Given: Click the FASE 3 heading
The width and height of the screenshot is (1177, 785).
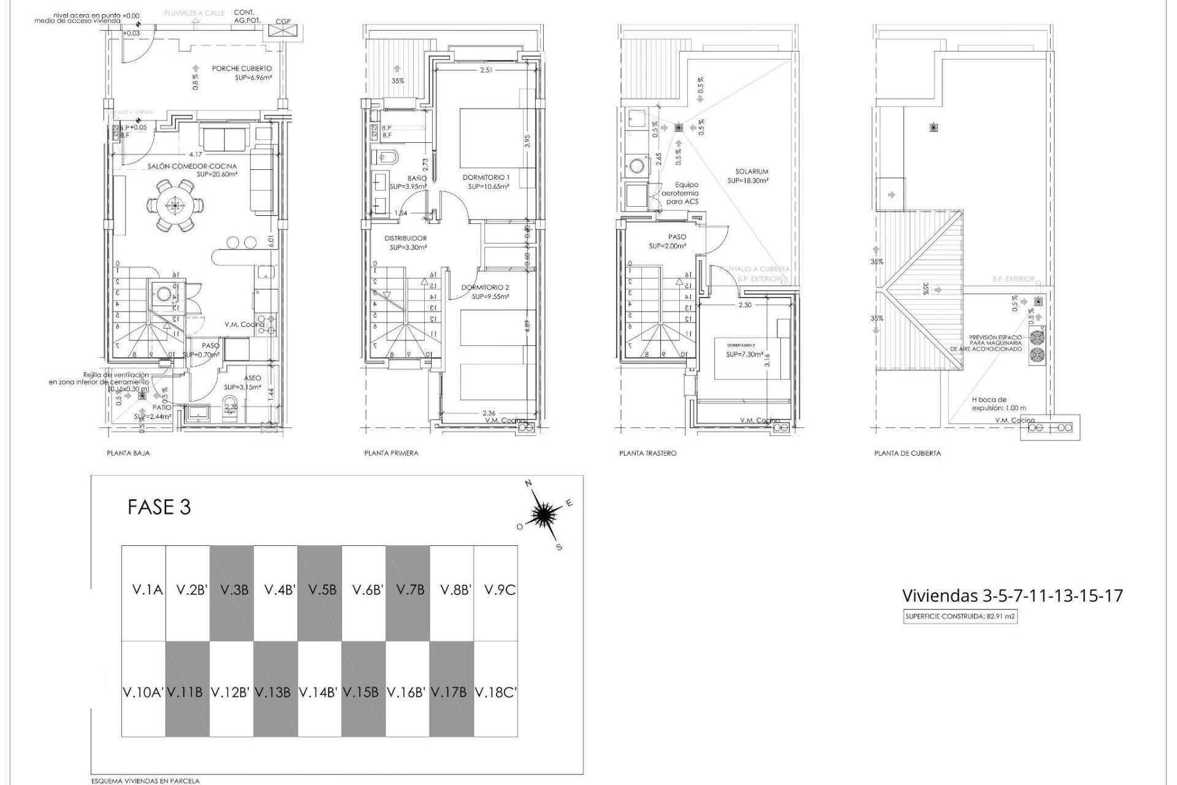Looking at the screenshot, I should [x=159, y=507].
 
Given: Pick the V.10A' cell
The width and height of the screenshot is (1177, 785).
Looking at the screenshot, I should [x=143, y=692].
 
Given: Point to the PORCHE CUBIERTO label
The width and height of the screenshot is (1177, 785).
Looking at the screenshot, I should [x=242, y=69].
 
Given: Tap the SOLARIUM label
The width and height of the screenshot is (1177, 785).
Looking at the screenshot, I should [x=752, y=172].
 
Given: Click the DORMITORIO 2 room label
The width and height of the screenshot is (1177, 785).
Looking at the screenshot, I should [x=485, y=287].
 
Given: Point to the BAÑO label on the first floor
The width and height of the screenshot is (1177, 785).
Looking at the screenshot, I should [x=417, y=178].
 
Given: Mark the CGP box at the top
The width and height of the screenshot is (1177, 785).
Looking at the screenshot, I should [x=283, y=30].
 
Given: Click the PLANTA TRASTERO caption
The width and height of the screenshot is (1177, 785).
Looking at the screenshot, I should [x=648, y=453].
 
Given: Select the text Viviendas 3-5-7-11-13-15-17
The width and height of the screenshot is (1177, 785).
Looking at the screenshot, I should [x=1012, y=595].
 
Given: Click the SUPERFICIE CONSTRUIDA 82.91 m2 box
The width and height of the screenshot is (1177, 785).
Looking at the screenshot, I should [x=961, y=618].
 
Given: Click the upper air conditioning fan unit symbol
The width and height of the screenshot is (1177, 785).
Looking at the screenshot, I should [x=1036, y=337].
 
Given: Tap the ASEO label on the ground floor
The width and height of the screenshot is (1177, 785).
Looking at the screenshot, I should [x=252, y=378].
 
